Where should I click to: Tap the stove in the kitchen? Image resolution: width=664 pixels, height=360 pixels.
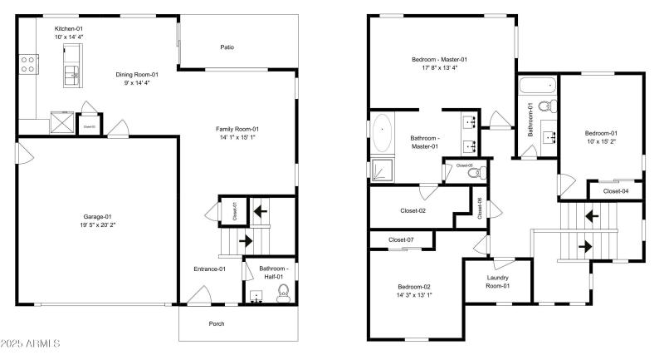(x=27, y=63)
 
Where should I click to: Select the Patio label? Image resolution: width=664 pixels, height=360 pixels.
(x=227, y=47)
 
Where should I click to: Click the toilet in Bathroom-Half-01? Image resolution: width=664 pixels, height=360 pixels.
(x=282, y=291)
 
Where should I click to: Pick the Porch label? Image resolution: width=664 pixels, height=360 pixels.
(x=217, y=323)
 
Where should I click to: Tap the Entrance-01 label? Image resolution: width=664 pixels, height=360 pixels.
(x=211, y=269)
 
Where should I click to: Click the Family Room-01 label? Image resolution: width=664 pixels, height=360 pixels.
(x=237, y=128)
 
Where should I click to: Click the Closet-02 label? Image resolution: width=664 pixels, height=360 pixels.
(x=413, y=210)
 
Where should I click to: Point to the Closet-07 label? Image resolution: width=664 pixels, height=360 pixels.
(x=401, y=240)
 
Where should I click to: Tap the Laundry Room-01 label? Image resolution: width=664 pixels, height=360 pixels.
(x=497, y=282)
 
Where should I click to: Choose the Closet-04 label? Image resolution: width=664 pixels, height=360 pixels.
(x=615, y=191)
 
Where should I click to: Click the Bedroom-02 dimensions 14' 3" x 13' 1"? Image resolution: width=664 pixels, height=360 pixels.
(x=415, y=294)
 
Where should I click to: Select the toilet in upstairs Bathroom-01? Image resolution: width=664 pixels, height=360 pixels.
(x=546, y=106)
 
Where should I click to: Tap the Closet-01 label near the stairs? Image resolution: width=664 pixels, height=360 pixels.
(x=234, y=210)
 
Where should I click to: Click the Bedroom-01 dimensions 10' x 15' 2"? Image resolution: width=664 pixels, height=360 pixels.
(x=601, y=142)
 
